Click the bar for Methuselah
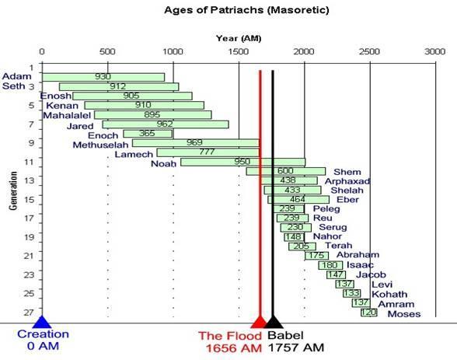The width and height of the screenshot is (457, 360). (x=196, y=143)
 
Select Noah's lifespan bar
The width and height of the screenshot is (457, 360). (x=243, y=162)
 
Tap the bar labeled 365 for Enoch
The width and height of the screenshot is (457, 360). (x=148, y=134)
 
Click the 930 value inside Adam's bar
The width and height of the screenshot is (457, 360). (x=103, y=76)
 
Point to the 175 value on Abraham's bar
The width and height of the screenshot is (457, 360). (x=316, y=255)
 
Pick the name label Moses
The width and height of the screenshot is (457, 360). (x=404, y=314)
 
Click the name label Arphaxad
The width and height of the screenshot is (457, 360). (x=347, y=181)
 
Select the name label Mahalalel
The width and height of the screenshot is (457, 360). (x=67, y=115)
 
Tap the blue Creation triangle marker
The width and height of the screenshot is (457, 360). (x=42, y=322)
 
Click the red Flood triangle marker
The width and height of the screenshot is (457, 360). (x=259, y=323)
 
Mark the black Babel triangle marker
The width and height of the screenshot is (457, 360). (x=273, y=322)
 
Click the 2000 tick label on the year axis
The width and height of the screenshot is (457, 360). (x=304, y=51)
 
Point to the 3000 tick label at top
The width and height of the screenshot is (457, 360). (x=435, y=51)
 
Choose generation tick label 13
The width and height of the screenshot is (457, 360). (x=29, y=180)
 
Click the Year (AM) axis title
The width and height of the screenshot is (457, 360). (x=239, y=38)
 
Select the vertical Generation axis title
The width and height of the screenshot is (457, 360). (x=13, y=190)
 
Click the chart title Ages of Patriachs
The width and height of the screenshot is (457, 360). (x=246, y=10)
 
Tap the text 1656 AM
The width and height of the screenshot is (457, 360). (x=234, y=348)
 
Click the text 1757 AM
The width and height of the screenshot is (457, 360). (x=296, y=348)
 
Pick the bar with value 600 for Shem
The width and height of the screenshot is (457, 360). (x=286, y=171)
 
